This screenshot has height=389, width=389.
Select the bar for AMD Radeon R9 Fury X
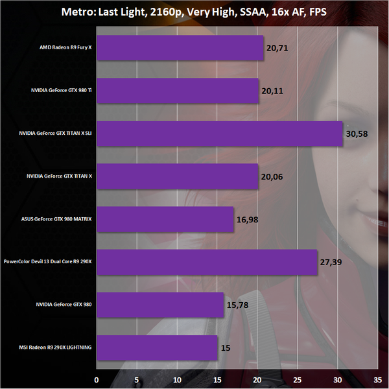180,48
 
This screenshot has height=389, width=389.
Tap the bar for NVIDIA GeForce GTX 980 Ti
178,91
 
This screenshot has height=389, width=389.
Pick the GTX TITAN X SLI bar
219,134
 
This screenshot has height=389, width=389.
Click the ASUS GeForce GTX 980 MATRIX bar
165,219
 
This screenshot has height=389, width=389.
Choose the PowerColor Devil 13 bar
207,262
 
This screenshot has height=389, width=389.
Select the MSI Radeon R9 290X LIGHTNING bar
157,348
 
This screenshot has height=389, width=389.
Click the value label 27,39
331,263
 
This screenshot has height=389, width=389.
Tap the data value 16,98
248,220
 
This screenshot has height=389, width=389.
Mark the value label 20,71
278,49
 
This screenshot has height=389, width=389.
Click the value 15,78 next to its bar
238,305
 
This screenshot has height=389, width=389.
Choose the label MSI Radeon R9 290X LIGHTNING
56,348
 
